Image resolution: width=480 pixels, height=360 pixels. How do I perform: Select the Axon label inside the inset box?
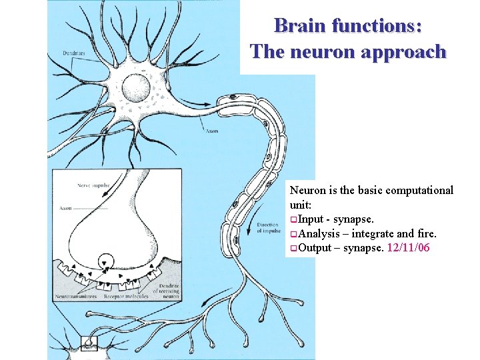pyautogui.click(x=66, y=208)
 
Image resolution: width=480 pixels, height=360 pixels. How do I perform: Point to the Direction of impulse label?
pyautogui.click(x=267, y=229)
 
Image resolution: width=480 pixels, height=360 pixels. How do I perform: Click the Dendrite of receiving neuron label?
pyautogui.click(x=165, y=291)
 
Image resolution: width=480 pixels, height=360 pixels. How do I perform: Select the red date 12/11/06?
pyautogui.click(x=413, y=247)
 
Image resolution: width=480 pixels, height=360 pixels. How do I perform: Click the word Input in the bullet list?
pyautogui.click(x=311, y=219)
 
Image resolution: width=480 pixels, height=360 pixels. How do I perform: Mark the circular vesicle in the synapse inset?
pyautogui.click(x=105, y=261)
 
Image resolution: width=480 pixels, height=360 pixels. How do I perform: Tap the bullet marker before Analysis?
pyautogui.click(x=293, y=234)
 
